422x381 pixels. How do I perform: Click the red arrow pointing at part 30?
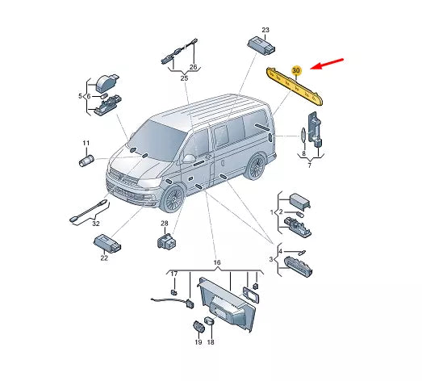click(327, 64)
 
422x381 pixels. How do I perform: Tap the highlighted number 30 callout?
click(296, 70)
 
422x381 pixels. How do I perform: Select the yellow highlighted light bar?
click(295, 86)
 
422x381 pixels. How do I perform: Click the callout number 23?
click(265, 30)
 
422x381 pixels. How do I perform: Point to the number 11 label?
click(86, 143)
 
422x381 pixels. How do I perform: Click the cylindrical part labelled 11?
click(86, 161)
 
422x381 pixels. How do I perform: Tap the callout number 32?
click(96, 224)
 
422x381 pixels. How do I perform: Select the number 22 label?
click(104, 258)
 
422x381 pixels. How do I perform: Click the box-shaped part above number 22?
click(107, 242)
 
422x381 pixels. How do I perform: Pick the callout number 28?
click(165, 224)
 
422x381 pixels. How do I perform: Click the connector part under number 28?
click(166, 241)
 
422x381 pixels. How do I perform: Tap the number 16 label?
click(217, 262)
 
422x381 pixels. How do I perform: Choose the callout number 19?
click(198, 342)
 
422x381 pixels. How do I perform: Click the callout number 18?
click(211, 342)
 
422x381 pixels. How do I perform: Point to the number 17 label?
click(174, 274)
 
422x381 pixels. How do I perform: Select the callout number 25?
click(184, 78)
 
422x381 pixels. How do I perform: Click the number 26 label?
click(193, 67)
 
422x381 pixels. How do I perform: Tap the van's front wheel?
click(172, 198)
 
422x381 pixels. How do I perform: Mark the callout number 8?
click(304, 153)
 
